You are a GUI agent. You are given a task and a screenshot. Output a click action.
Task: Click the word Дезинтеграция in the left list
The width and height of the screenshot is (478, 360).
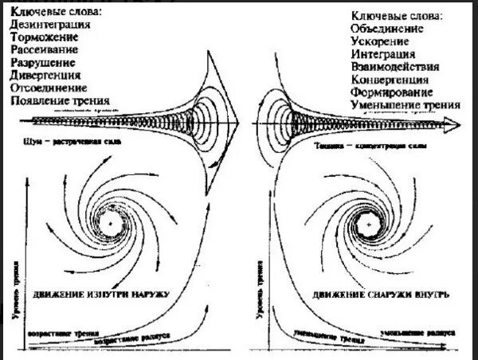coord(50,25)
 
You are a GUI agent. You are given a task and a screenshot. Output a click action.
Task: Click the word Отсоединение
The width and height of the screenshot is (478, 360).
coord(49,88)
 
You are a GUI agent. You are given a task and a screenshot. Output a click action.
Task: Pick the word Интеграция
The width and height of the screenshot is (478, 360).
coord(382,55)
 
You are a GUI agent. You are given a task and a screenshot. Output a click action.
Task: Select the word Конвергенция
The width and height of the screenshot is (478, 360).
coord(390,80)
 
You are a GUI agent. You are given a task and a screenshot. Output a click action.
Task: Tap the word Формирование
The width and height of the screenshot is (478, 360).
coord(390,93)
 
